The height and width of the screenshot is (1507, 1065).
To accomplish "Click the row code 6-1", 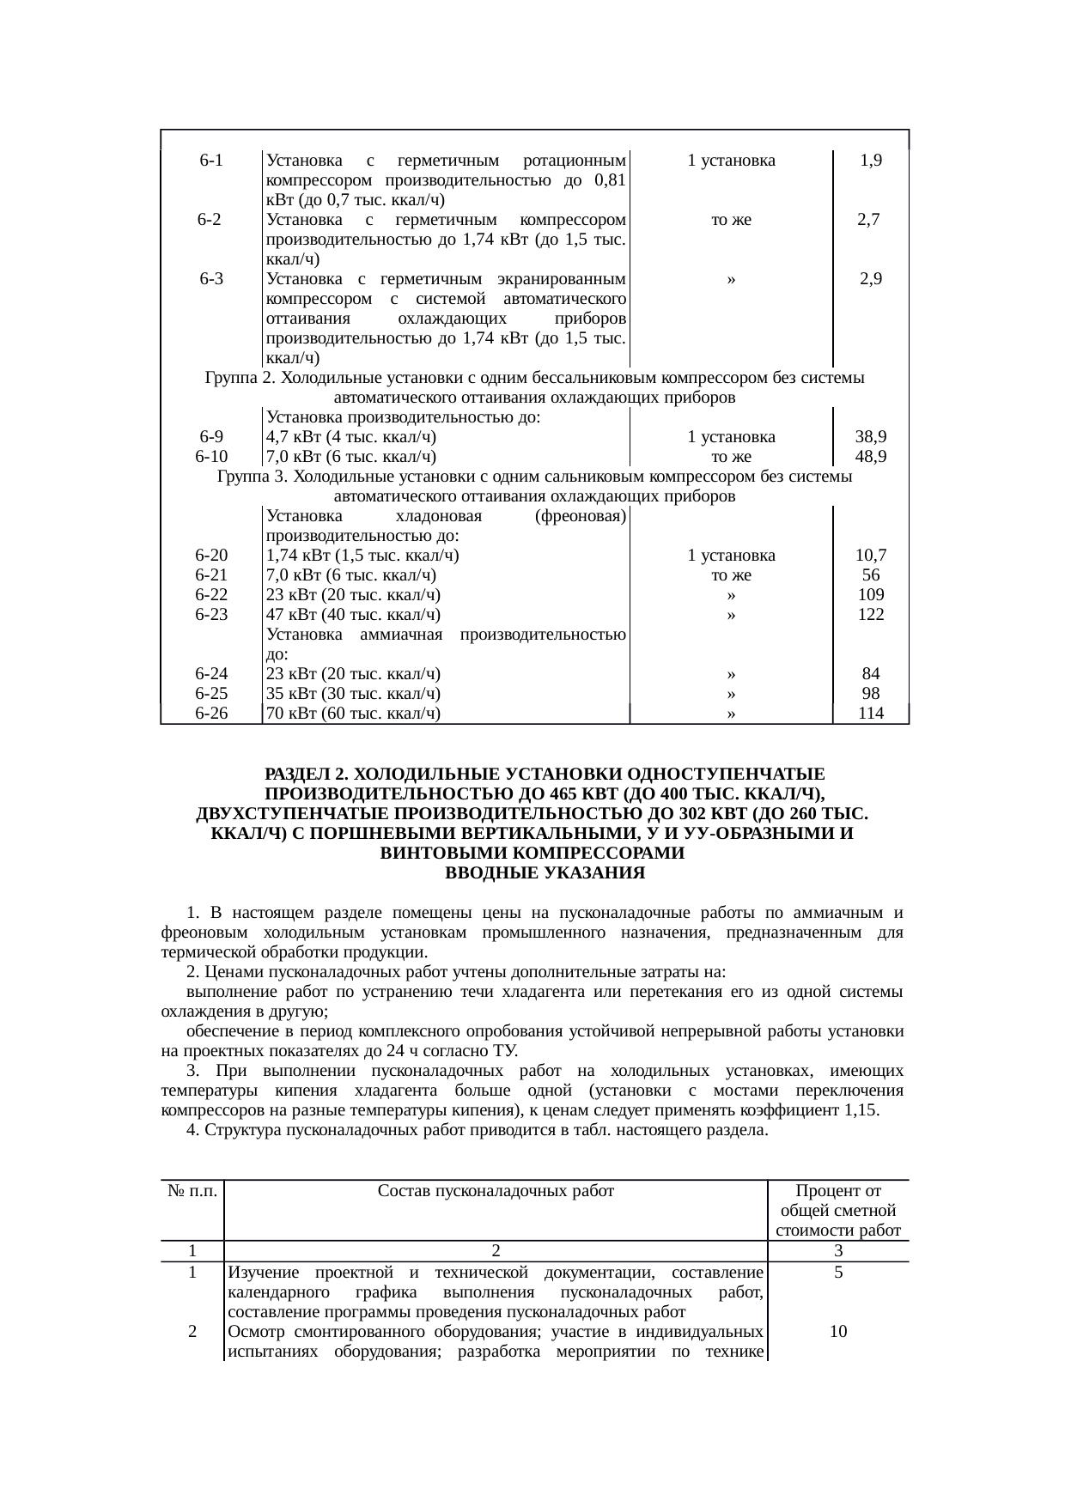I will (211, 161).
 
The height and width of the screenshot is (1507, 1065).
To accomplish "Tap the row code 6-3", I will (211, 279).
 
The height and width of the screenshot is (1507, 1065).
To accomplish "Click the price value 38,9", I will (871, 437).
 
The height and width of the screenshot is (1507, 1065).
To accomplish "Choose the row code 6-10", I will (211, 457).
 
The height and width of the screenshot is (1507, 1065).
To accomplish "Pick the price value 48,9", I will (871, 457).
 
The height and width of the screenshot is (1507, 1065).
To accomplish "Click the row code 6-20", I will (211, 556).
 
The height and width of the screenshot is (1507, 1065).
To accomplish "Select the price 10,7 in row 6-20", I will (871, 556).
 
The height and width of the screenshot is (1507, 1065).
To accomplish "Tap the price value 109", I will (871, 595).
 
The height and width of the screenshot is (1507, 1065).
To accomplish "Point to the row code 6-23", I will (211, 615).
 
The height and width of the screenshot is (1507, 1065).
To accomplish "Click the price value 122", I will (871, 615).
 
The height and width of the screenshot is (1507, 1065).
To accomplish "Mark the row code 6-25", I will (211, 694).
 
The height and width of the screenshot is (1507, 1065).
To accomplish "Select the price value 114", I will (871, 714).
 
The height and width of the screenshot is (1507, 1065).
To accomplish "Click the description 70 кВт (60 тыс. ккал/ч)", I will (354, 714).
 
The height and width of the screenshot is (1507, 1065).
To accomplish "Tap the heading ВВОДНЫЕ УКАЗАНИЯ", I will (532, 874).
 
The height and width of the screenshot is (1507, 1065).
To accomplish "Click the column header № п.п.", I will (193, 1191).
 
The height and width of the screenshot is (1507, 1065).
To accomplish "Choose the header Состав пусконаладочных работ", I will (496, 1191).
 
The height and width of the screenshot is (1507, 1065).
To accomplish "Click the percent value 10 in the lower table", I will (838, 1332).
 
